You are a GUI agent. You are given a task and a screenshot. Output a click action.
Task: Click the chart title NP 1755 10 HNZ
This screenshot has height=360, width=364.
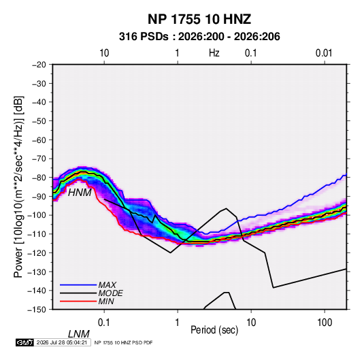(x=199, y=19)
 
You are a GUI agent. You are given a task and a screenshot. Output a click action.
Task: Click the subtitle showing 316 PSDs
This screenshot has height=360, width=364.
(x=199, y=37)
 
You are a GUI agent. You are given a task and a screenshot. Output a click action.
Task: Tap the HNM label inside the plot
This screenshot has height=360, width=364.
(x=80, y=193)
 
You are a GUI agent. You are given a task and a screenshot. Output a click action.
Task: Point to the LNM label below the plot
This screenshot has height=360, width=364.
(x=79, y=334)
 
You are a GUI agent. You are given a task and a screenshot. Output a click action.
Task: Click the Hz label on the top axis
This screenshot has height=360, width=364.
(x=214, y=53)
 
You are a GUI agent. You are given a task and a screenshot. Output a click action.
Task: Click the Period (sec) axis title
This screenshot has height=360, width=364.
(x=214, y=330)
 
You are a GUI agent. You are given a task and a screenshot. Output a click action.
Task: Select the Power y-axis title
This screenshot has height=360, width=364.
(x=18, y=186)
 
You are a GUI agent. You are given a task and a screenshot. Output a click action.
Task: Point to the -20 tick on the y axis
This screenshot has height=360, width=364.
(x=39, y=65)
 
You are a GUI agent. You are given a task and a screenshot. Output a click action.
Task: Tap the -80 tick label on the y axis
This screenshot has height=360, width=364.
(x=39, y=178)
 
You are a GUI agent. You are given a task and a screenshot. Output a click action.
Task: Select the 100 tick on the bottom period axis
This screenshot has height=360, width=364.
(x=325, y=323)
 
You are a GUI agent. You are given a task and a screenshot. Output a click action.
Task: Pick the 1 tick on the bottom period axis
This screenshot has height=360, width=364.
(x=178, y=323)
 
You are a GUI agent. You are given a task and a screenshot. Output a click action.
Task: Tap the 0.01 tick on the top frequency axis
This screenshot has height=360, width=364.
(x=324, y=53)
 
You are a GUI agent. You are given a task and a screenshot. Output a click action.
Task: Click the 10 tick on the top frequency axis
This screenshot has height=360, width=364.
(x=104, y=53)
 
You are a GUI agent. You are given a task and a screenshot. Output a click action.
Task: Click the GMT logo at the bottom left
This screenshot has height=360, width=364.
(x=25, y=342)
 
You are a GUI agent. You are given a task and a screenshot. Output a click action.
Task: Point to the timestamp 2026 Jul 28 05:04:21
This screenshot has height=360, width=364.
(x=62, y=342)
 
